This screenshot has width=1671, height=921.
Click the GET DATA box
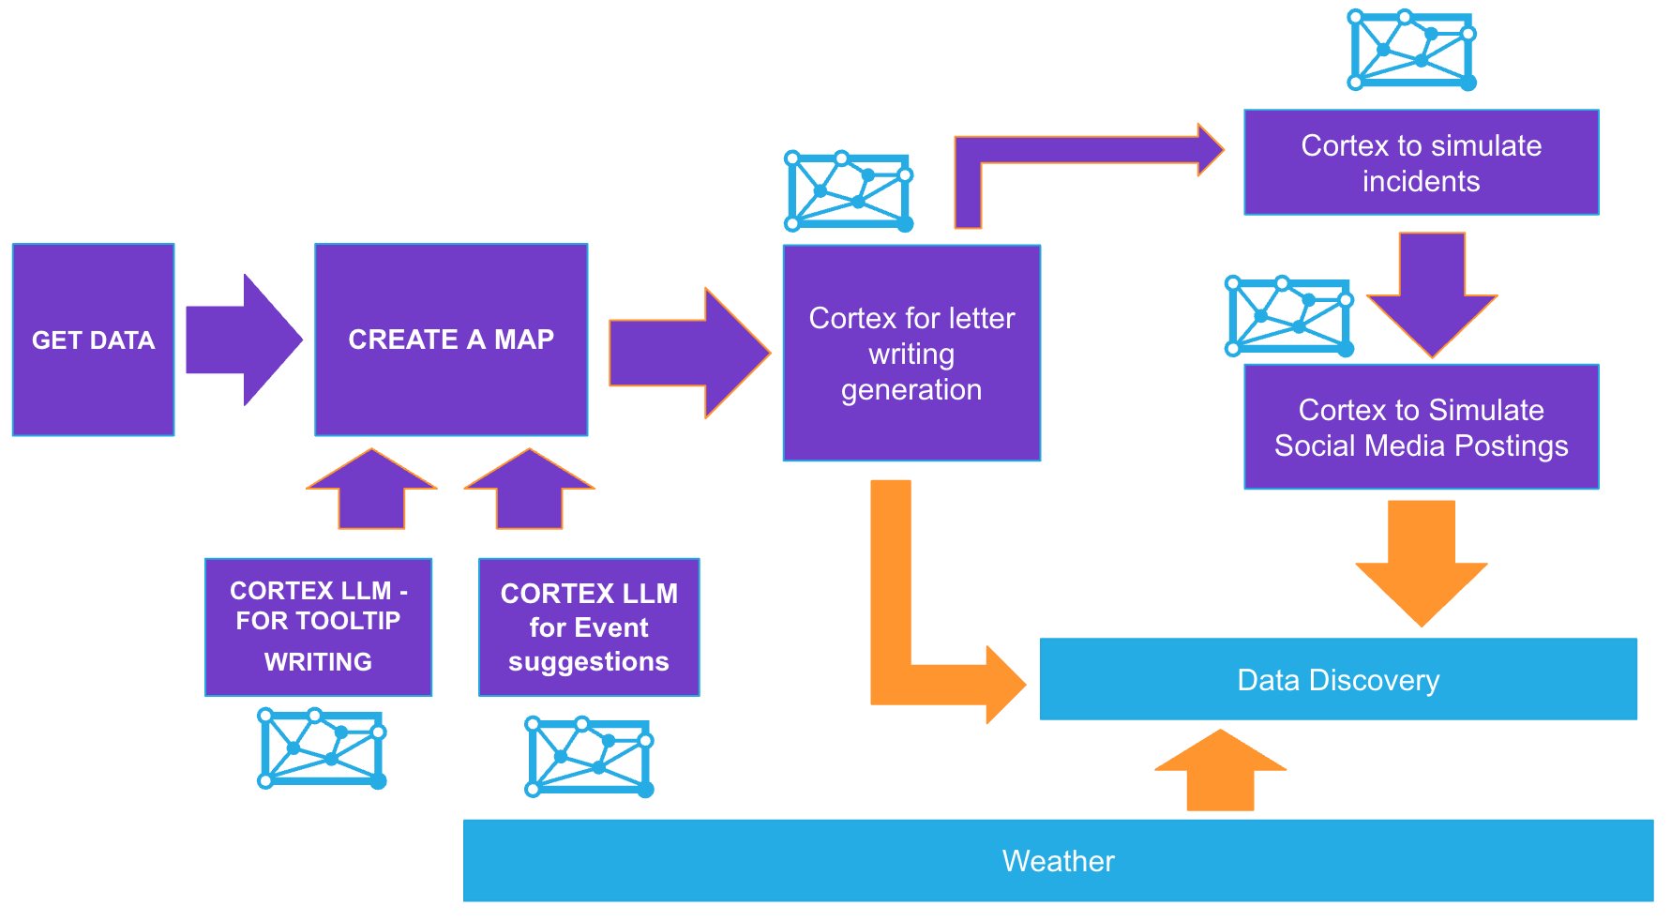coord(93,340)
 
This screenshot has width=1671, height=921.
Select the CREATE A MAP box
coord(451,340)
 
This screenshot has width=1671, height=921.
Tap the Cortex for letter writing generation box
coord(911,353)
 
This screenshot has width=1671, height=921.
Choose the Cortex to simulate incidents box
coord(1421,162)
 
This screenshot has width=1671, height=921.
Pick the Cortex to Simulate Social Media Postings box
coord(1421,427)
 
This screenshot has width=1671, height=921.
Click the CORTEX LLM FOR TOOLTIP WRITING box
coord(318,627)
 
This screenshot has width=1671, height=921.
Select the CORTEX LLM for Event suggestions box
coord(589,627)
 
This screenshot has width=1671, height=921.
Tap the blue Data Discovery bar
coord(1338,679)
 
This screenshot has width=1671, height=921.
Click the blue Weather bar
coord(1058,860)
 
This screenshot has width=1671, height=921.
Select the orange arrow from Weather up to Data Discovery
coord(1220,771)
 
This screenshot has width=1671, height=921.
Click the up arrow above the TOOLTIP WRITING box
coord(371,490)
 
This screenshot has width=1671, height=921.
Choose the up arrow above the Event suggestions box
coord(530,490)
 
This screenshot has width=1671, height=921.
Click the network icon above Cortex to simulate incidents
coord(1411,50)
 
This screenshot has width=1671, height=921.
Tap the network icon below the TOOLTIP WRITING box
coord(322,748)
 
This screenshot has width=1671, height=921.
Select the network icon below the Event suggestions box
coord(589,757)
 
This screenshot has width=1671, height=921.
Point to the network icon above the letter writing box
coord(849,191)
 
